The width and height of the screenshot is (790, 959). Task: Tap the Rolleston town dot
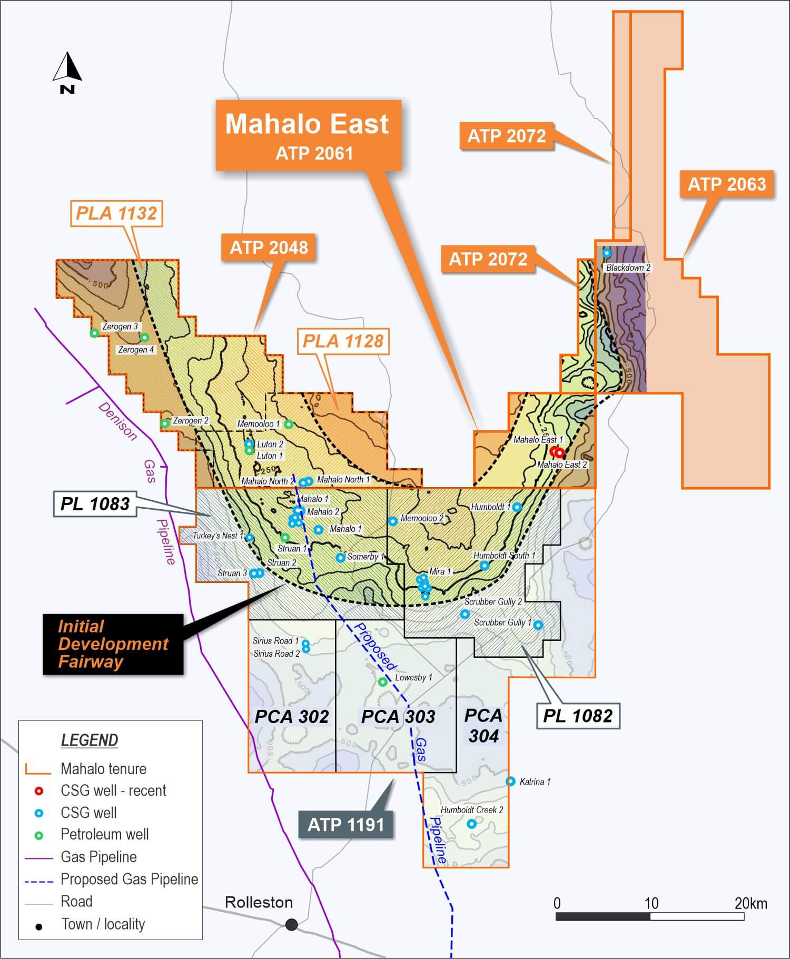coord(291,924)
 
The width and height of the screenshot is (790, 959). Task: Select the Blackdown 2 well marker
coord(607,253)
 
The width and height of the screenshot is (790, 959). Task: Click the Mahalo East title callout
coord(308,135)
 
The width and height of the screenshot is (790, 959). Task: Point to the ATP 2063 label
coord(727,184)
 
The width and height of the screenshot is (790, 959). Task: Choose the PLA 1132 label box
coord(116,213)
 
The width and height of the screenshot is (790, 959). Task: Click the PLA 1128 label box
coord(343,341)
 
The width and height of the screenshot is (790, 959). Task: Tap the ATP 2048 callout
coord(269,247)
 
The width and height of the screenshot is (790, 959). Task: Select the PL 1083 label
coord(95,504)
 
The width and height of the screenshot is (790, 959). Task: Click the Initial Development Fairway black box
coord(113,644)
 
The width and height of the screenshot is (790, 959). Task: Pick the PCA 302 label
coord(292,717)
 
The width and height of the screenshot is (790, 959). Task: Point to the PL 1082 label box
coord(578,716)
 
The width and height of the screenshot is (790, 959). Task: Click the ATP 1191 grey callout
coord(345,824)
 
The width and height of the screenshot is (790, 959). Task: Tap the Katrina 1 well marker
coord(510,782)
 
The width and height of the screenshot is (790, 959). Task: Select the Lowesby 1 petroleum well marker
coord(383,682)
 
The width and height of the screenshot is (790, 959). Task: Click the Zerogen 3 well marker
coord(94,333)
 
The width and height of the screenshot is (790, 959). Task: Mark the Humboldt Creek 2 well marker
coord(472,824)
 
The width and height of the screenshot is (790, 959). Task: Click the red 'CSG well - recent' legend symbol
coord(38,791)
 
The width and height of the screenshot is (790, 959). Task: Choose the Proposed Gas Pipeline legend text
coord(129,879)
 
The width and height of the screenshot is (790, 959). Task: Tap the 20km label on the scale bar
coord(750,904)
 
